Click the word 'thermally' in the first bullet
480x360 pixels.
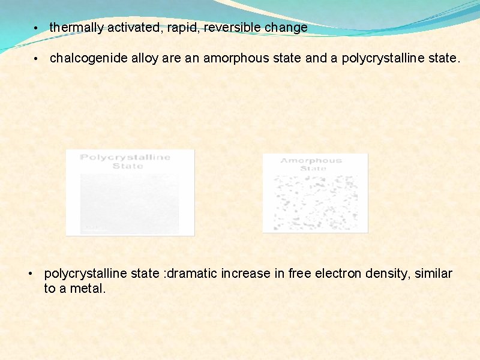76,28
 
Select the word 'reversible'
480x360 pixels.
233,28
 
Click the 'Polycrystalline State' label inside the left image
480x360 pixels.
125,161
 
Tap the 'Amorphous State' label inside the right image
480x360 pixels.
311,164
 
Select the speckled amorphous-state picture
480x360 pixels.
315,201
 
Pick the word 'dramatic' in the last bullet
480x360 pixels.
191,274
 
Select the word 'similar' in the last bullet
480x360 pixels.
432,274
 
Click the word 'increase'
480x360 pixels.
246,274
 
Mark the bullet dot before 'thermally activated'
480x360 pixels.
37,28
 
